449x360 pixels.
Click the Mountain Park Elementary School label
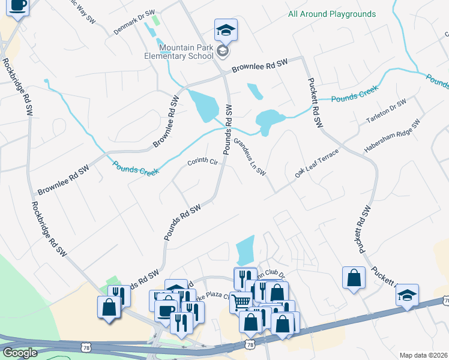pyautogui.click(x=186, y=52)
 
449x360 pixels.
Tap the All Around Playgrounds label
pyautogui.click(x=331, y=14)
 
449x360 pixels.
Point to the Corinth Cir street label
pyautogui.click(x=202, y=162)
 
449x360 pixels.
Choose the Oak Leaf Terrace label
pyautogui.click(x=317, y=163)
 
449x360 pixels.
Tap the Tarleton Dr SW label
pyautogui.click(x=386, y=112)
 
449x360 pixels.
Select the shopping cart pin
pyautogui.click(x=241, y=301)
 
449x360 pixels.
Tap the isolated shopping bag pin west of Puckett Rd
pyautogui.click(x=354, y=278)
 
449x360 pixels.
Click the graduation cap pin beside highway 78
pyautogui.click(x=407, y=295)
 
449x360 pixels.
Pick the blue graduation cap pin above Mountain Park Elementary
pyautogui.click(x=226, y=29)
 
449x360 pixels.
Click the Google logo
pyautogui.click(x=20, y=353)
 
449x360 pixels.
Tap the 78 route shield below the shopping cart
pyautogui.click(x=250, y=343)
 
